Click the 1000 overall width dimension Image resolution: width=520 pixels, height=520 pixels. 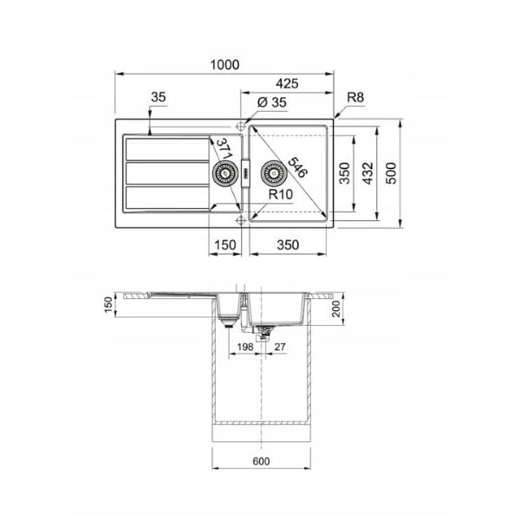point(224,65)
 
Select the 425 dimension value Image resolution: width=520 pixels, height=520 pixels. point(287,83)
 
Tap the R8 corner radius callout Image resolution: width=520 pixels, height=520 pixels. point(355,97)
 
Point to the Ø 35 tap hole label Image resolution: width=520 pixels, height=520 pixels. point(271,102)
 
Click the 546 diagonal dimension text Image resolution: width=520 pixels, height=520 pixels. point(297,166)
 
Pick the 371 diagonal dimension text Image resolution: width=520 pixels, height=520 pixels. point(224,149)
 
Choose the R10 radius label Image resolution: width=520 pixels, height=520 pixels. point(281,194)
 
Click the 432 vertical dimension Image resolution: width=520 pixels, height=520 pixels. point(367,173)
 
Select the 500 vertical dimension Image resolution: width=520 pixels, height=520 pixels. point(392,173)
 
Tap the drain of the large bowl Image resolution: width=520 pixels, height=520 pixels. point(274,173)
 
